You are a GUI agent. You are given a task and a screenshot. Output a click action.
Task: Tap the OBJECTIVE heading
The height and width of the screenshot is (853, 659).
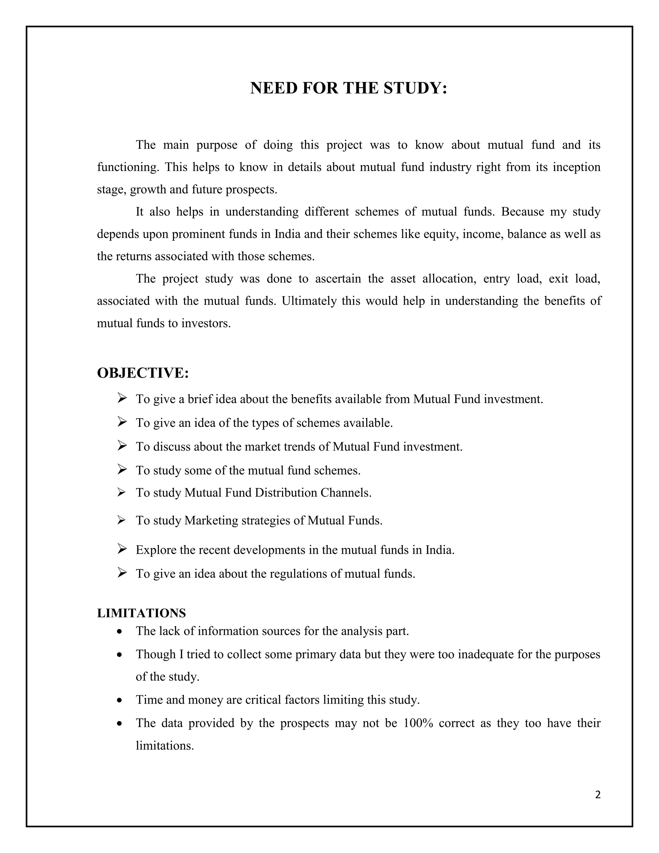tap(143, 373)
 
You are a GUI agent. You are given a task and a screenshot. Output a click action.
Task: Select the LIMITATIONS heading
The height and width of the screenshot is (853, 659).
tap(141, 613)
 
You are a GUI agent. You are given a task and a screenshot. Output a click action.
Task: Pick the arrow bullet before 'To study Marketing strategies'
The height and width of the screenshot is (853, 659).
tap(121, 520)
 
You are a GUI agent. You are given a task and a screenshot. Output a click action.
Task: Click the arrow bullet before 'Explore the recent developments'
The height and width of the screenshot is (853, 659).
tap(122, 549)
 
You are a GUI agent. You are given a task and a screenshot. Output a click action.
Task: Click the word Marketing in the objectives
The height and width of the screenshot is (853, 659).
tap(211, 520)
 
